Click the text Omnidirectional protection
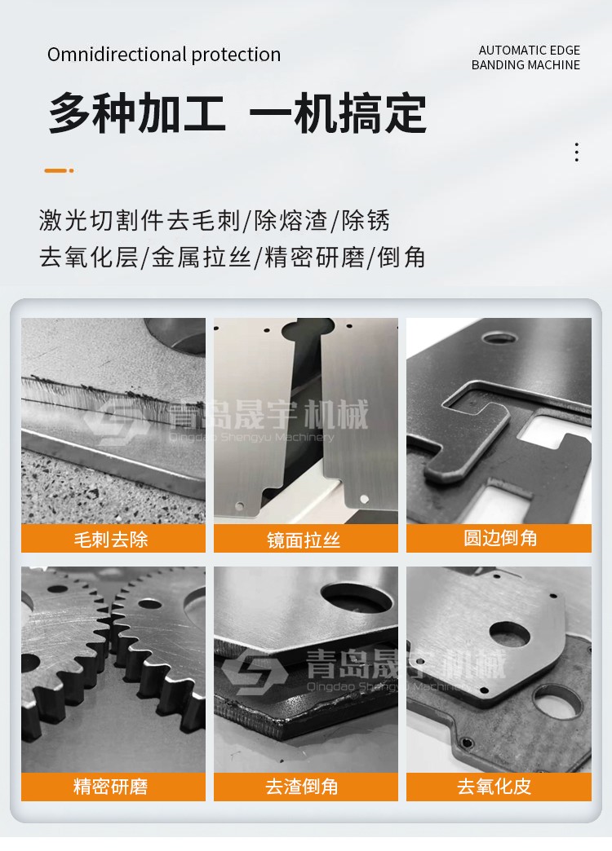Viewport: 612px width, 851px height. (163, 55)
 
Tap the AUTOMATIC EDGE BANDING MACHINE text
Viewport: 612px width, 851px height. (526, 58)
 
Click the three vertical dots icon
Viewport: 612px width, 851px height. (577, 152)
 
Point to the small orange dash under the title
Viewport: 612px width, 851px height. (59, 170)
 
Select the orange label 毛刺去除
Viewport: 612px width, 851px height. (113, 538)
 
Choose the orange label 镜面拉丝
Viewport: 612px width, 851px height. (305, 538)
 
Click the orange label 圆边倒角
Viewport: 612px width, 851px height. (499, 538)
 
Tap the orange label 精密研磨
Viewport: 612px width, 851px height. (113, 787)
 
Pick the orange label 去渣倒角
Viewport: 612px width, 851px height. (305, 787)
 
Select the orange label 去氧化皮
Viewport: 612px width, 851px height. (499, 787)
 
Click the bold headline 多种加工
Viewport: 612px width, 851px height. (137, 113)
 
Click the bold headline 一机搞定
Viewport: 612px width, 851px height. (338, 113)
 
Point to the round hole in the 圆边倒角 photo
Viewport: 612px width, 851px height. (499, 338)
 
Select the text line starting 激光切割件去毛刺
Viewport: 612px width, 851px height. (215, 221)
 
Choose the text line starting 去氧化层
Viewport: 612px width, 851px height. (232, 257)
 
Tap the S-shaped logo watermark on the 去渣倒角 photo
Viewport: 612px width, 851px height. (255, 673)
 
